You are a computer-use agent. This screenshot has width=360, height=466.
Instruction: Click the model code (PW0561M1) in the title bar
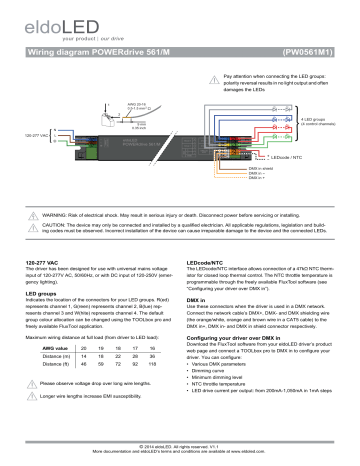[x=308, y=47]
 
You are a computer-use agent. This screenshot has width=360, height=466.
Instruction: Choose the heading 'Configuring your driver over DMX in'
[x=246, y=340]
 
